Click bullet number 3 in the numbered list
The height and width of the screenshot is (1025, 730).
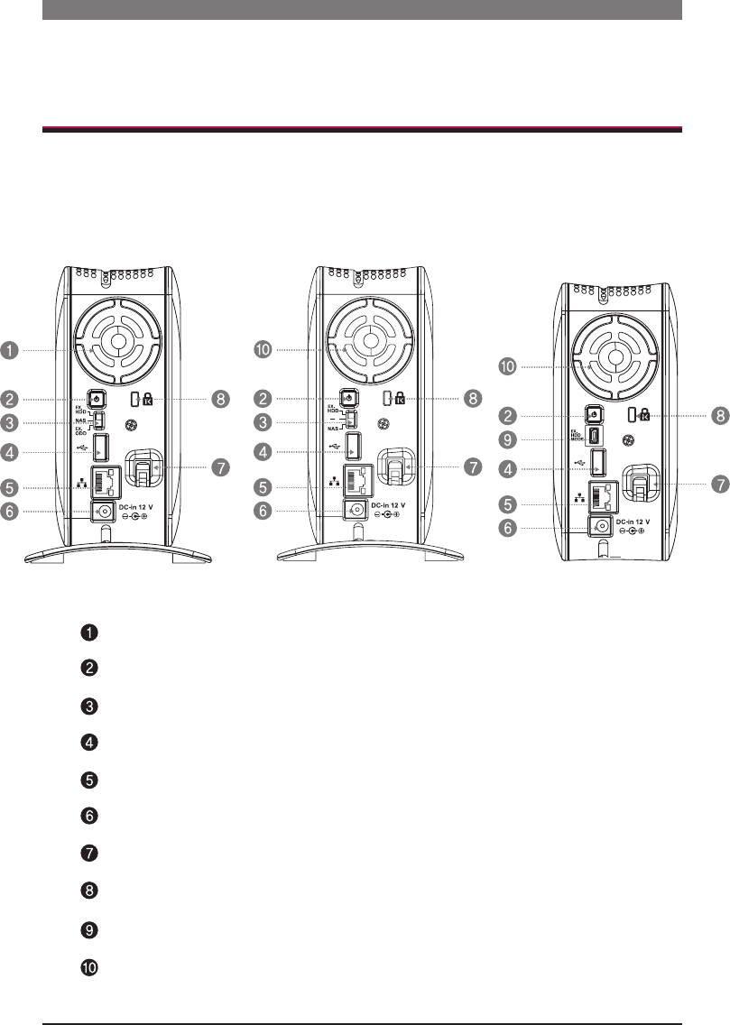[x=90, y=706]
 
